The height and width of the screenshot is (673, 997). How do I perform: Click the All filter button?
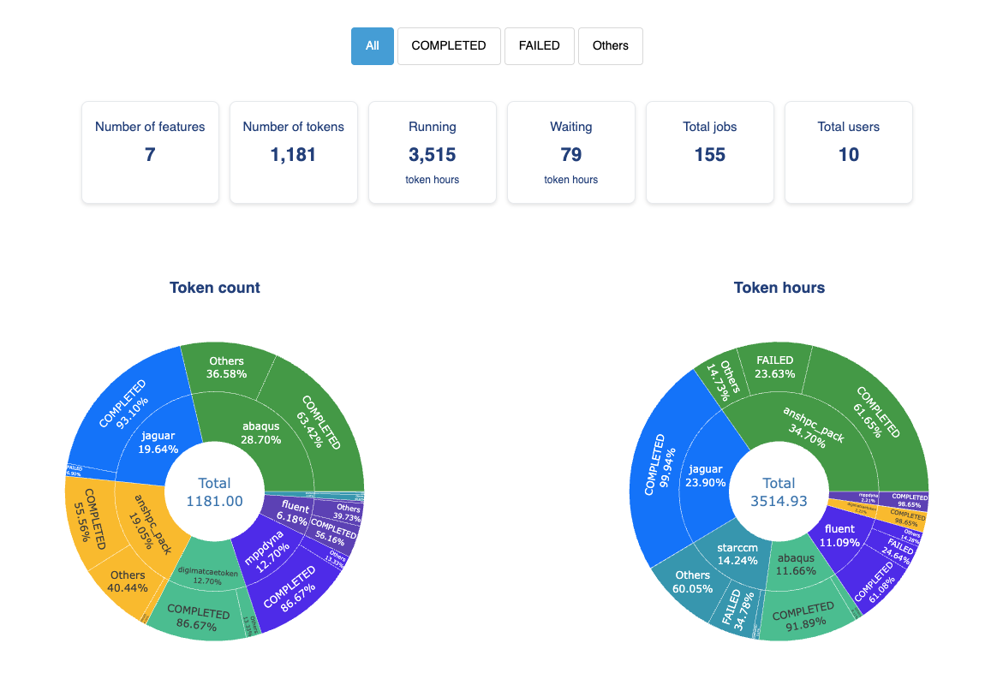[x=372, y=46]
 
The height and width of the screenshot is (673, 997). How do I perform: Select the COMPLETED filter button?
[x=449, y=46]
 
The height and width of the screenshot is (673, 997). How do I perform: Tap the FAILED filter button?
[x=540, y=46]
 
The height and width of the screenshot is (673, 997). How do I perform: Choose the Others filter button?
[x=610, y=46]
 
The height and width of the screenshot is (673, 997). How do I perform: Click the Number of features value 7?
[x=150, y=155]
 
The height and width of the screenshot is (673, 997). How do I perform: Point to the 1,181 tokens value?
[x=293, y=155]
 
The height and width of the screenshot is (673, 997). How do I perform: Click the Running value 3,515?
[x=433, y=155]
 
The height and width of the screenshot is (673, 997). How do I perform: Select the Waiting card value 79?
[x=571, y=155]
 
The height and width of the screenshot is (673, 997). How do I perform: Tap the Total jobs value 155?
[x=710, y=155]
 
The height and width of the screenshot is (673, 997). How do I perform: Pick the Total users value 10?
[x=849, y=155]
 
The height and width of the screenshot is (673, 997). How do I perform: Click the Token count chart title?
[x=215, y=288]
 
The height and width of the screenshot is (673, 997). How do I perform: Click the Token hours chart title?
[x=779, y=288]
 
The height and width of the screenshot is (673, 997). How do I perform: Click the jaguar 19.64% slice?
[x=158, y=441]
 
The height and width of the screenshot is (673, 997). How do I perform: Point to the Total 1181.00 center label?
[x=215, y=492]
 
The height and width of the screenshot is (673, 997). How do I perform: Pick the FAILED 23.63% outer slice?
[x=774, y=366]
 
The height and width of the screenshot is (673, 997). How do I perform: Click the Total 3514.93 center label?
[x=779, y=492]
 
